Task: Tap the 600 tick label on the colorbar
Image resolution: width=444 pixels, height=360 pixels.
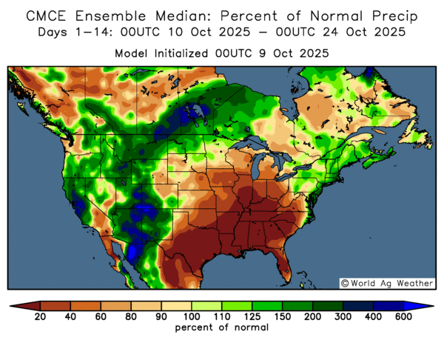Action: click(404, 317)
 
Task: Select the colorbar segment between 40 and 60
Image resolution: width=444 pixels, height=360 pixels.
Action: click(84, 305)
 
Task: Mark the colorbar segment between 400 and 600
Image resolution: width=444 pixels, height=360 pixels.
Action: click(388, 305)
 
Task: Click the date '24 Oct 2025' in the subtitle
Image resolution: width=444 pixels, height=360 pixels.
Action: click(374, 31)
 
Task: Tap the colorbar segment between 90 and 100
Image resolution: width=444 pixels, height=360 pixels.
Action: click(176, 305)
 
